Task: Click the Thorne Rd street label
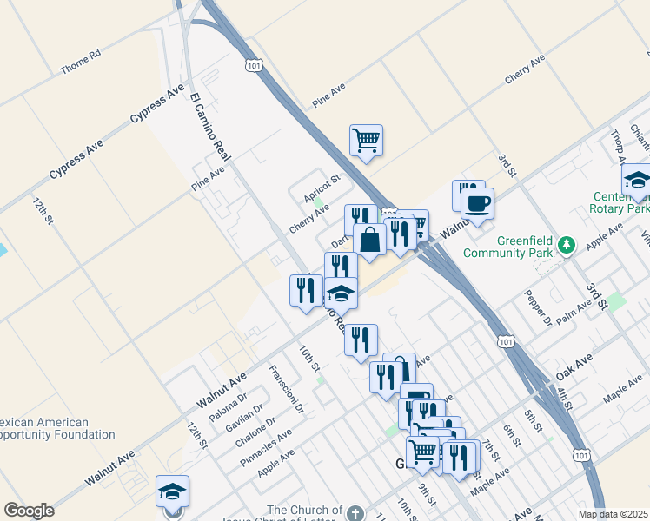tap(81, 60)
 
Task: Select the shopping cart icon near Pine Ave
tap(366, 139)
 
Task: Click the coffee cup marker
tap(476, 204)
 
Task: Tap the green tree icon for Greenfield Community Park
tap(567, 246)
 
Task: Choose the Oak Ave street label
tap(574, 365)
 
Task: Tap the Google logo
tap(29, 511)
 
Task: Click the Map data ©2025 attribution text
tap(614, 514)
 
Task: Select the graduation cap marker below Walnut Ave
tap(172, 491)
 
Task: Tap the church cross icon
tap(355, 511)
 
